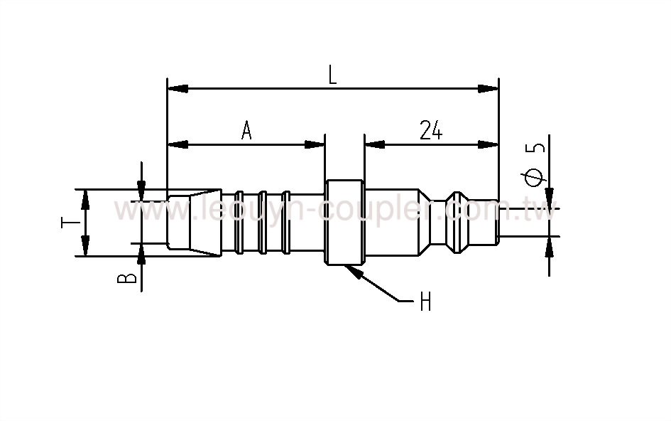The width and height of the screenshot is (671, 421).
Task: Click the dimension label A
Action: [x=246, y=131]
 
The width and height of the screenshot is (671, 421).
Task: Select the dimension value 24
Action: [x=431, y=131]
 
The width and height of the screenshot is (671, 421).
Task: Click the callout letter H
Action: [x=425, y=303]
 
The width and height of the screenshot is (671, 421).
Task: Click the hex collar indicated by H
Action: [x=345, y=223]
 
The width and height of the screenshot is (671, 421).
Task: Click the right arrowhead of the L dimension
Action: [x=489, y=88]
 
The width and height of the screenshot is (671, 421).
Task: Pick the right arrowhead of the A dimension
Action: [x=315, y=144]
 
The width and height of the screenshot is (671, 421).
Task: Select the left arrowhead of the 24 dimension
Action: [x=374, y=144]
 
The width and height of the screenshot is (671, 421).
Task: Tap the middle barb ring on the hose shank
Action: [x=263, y=222]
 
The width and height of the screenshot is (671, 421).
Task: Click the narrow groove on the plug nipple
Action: [x=454, y=223]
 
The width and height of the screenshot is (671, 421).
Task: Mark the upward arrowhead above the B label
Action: [x=142, y=253]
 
